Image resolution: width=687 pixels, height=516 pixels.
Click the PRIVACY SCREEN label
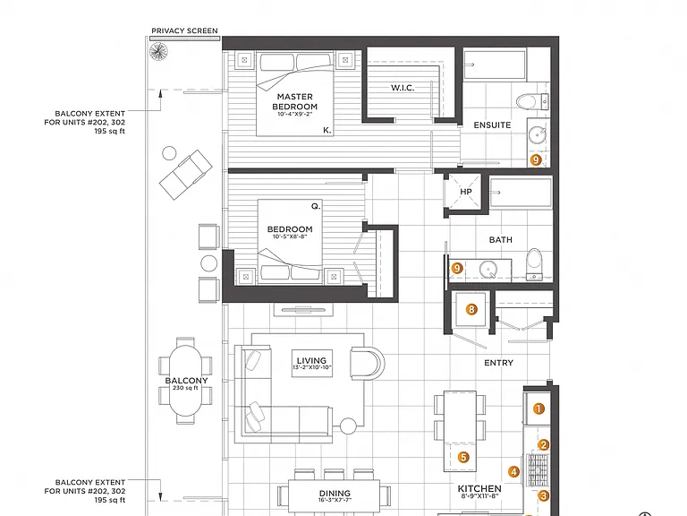[x=184, y=30]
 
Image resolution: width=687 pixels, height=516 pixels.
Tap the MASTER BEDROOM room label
[x=295, y=101]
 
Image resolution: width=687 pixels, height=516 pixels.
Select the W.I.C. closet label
[x=403, y=88]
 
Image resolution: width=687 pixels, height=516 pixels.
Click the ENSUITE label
[x=492, y=125]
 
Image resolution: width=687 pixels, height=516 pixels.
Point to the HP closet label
[x=466, y=192]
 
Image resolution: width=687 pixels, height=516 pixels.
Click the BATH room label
[x=500, y=240]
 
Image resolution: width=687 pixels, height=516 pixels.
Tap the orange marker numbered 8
[x=471, y=309]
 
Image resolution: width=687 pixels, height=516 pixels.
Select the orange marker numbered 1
[x=539, y=408]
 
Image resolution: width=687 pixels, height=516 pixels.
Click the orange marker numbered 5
[x=463, y=457]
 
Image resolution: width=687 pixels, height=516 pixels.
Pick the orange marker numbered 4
[x=513, y=472]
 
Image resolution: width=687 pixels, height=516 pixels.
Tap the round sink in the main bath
[x=488, y=269]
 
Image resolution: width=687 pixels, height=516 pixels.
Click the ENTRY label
[x=498, y=363]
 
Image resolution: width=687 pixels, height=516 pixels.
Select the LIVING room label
[x=311, y=361]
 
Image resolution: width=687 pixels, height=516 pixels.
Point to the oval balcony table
[x=186, y=380]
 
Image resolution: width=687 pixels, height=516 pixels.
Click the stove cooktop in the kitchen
[x=537, y=469]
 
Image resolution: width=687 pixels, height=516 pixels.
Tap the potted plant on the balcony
[x=158, y=52]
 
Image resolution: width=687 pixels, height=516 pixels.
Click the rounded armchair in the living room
[x=367, y=363]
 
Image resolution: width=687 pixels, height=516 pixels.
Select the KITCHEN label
[x=479, y=488]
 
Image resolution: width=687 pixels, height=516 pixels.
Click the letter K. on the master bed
[x=327, y=130]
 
